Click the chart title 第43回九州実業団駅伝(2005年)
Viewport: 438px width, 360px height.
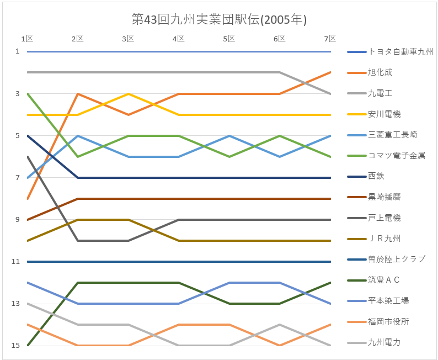[x=219, y=19]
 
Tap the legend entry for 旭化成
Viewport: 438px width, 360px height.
[x=380, y=73]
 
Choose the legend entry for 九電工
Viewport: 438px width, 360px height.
[x=380, y=93]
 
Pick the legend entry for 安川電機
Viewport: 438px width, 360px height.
[x=384, y=114]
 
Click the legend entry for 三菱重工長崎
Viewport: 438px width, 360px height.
[x=392, y=135]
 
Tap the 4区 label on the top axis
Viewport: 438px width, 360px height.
[x=179, y=39]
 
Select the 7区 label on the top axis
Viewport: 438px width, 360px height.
[x=330, y=39]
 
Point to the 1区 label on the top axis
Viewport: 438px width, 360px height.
[x=27, y=39]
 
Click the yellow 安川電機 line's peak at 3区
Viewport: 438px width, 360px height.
[x=129, y=94]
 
